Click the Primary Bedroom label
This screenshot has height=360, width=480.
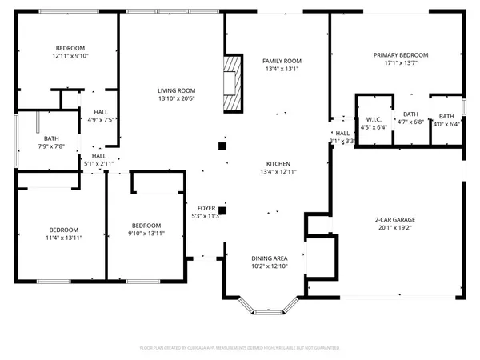401,55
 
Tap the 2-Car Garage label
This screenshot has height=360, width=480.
397,219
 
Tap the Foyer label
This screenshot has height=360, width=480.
206,207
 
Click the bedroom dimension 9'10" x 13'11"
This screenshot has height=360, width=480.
147,233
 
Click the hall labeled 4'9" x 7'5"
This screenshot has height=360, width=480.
101,121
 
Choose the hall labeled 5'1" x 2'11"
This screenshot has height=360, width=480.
99,163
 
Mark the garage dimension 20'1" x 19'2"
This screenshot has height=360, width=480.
397,227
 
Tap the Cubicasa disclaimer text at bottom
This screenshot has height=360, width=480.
240,348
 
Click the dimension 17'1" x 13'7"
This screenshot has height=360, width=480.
401,63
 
